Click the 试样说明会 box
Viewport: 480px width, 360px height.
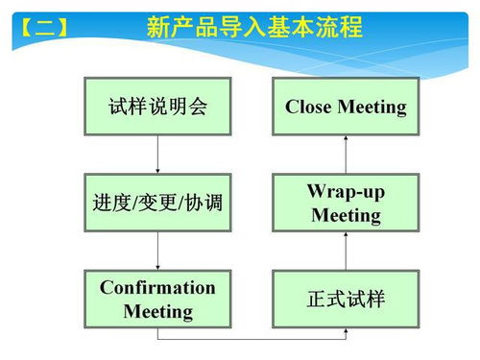pyautogui.click(x=158, y=107)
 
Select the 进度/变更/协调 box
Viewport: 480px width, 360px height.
pyautogui.click(x=158, y=203)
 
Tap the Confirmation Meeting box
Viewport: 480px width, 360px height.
pyautogui.click(x=158, y=300)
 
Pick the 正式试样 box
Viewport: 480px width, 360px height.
pyautogui.click(x=346, y=300)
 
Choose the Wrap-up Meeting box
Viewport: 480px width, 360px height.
pyautogui.click(x=346, y=203)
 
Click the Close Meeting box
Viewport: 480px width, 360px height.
pyautogui.click(x=346, y=107)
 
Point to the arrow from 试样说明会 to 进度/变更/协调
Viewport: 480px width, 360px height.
pyautogui.click(x=158, y=154)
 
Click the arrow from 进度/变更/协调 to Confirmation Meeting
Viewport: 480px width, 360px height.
pyautogui.click(x=158, y=252)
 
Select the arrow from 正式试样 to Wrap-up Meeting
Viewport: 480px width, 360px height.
pyautogui.click(x=346, y=252)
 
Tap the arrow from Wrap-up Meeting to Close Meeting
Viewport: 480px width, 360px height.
pyautogui.click(x=346, y=154)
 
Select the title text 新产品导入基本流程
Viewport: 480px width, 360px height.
pyautogui.click(x=254, y=27)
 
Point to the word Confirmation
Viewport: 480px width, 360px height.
pyautogui.click(x=158, y=288)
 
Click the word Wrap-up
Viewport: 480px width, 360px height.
pyautogui.click(x=346, y=191)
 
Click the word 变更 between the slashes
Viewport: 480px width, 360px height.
pyautogui.click(x=158, y=203)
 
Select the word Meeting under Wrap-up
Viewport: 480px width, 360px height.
pyautogui.click(x=346, y=215)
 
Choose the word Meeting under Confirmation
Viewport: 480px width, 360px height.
pyautogui.click(x=158, y=312)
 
